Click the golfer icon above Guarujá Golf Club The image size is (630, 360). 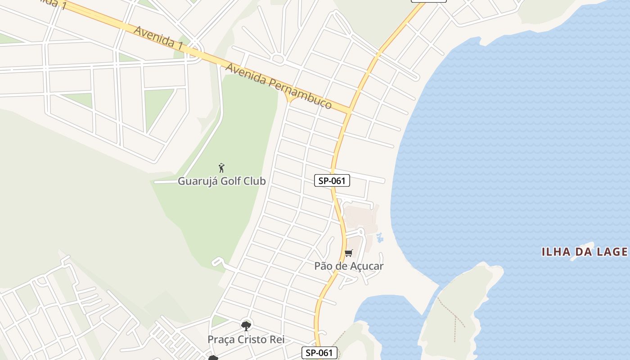click(221, 168)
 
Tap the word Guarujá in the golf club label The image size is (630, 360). click(194, 181)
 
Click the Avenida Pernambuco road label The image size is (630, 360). click(279, 86)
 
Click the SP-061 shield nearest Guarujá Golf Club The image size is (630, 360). click(332, 181)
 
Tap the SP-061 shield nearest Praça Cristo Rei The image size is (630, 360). click(319, 353)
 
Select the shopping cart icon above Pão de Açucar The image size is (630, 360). click(349, 253)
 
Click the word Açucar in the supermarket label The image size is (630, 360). click(366, 266)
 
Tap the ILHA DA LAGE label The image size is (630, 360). click(584, 252)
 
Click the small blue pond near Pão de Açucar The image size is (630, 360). click(379, 237)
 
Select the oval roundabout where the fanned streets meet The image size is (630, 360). click(278, 59)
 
